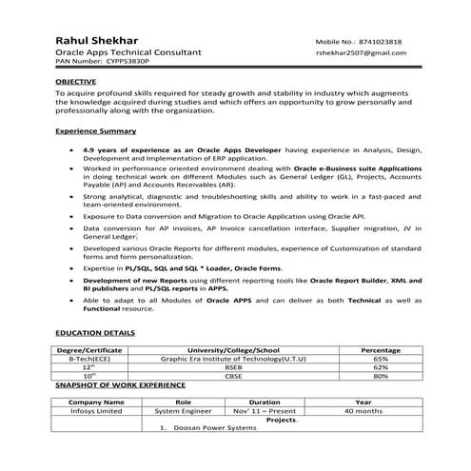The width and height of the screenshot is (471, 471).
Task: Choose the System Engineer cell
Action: click(184, 411)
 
